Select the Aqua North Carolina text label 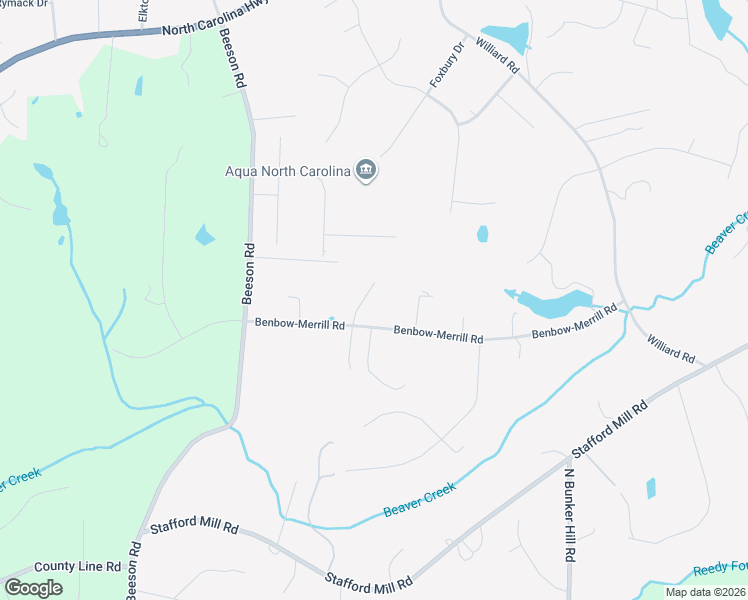coord(288,171)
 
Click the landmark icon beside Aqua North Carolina coord(366,171)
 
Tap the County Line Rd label coord(77,566)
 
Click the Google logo coord(33,588)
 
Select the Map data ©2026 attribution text coord(705,592)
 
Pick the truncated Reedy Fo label coord(719,568)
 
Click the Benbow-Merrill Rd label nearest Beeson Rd coord(299,324)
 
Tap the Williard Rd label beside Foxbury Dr coord(497,55)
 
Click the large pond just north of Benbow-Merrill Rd coord(553,302)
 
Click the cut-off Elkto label coord(144,11)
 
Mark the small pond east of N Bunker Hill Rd coord(651,488)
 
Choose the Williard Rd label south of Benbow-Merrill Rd coord(670,349)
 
